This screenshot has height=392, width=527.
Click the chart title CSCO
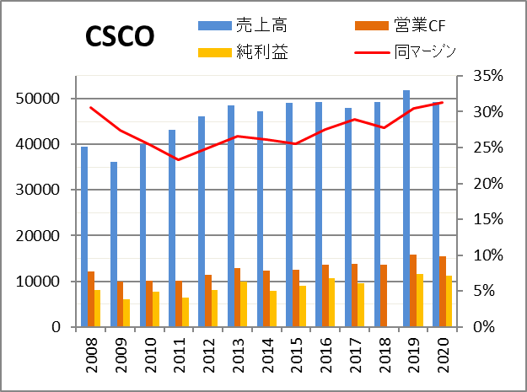point(119,36)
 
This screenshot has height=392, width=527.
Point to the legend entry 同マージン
point(426,52)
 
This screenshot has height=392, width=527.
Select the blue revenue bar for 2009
point(114,244)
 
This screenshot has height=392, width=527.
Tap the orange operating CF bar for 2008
point(91,298)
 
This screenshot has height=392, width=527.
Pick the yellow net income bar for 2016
point(331,302)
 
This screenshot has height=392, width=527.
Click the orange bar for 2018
point(384,295)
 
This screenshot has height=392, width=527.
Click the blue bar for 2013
point(230,216)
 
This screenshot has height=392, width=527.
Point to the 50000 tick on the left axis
point(40,99)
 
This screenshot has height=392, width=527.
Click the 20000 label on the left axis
point(40,235)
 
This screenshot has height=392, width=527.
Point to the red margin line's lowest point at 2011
point(179,159)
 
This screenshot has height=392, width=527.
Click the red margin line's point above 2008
point(91,108)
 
